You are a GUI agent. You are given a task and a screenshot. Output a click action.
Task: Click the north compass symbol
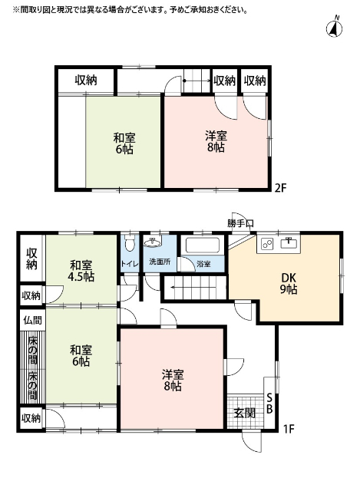pyautogui.click(x=335, y=28)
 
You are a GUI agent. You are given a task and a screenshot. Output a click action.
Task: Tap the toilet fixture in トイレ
pyautogui.click(x=130, y=245)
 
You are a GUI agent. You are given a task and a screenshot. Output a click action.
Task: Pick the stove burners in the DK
pyautogui.click(x=268, y=244)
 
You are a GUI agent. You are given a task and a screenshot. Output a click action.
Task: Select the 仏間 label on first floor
pyautogui.click(x=31, y=319)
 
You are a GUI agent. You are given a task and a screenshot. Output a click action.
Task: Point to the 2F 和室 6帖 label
pyautogui.click(x=124, y=143)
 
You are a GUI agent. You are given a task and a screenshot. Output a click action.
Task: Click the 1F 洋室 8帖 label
pyautogui.click(x=172, y=381)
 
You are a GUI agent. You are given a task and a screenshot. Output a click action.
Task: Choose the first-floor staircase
pyautogui.click(x=195, y=291)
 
